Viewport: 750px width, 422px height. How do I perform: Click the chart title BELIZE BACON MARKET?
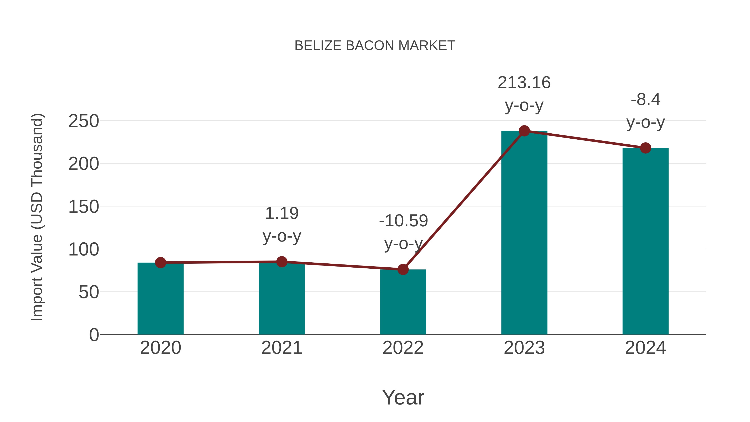[x=375, y=46]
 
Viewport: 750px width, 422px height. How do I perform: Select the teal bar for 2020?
[x=160, y=300]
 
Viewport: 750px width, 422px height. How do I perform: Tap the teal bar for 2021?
[x=281, y=300]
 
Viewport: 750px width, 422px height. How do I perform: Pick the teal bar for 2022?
[x=403, y=303]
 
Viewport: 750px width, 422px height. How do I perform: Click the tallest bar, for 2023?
[x=524, y=233]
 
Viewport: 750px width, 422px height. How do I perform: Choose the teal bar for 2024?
[x=645, y=242]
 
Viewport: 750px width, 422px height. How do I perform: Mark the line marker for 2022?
[x=403, y=269]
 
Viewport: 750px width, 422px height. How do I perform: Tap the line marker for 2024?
[x=645, y=148]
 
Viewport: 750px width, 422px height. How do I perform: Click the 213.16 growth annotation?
[x=524, y=83]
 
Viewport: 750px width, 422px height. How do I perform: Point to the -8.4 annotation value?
[x=645, y=100]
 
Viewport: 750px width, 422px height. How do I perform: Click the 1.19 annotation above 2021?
[x=281, y=213]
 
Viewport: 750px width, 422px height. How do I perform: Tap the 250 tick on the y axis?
[x=84, y=121]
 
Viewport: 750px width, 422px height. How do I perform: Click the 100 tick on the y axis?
[x=84, y=250]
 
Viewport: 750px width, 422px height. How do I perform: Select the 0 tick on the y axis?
[x=94, y=335]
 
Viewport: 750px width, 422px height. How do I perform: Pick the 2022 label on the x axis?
[x=403, y=348]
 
